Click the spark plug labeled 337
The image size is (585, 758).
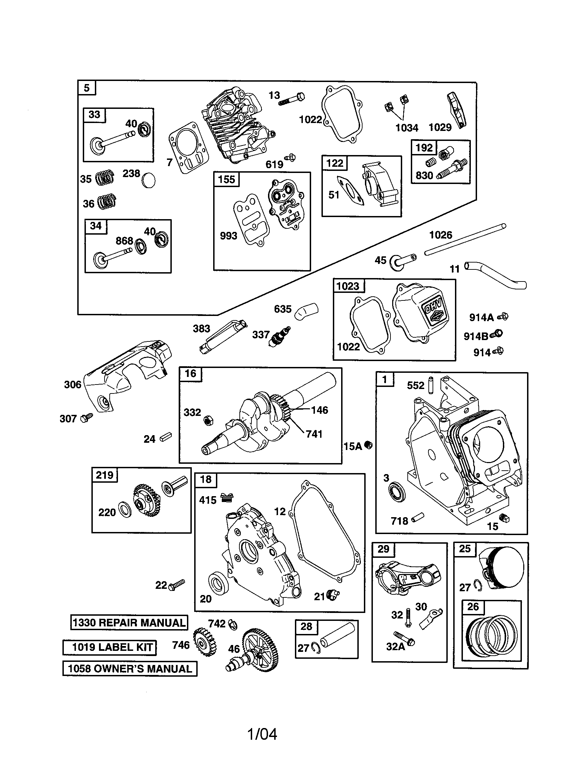click(x=280, y=336)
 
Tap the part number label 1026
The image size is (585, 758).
click(x=440, y=235)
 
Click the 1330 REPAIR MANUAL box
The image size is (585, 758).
click(x=129, y=622)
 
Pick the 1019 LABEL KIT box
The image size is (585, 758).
click(x=109, y=647)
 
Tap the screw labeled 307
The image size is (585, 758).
click(x=86, y=418)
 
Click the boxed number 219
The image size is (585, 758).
click(x=105, y=475)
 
